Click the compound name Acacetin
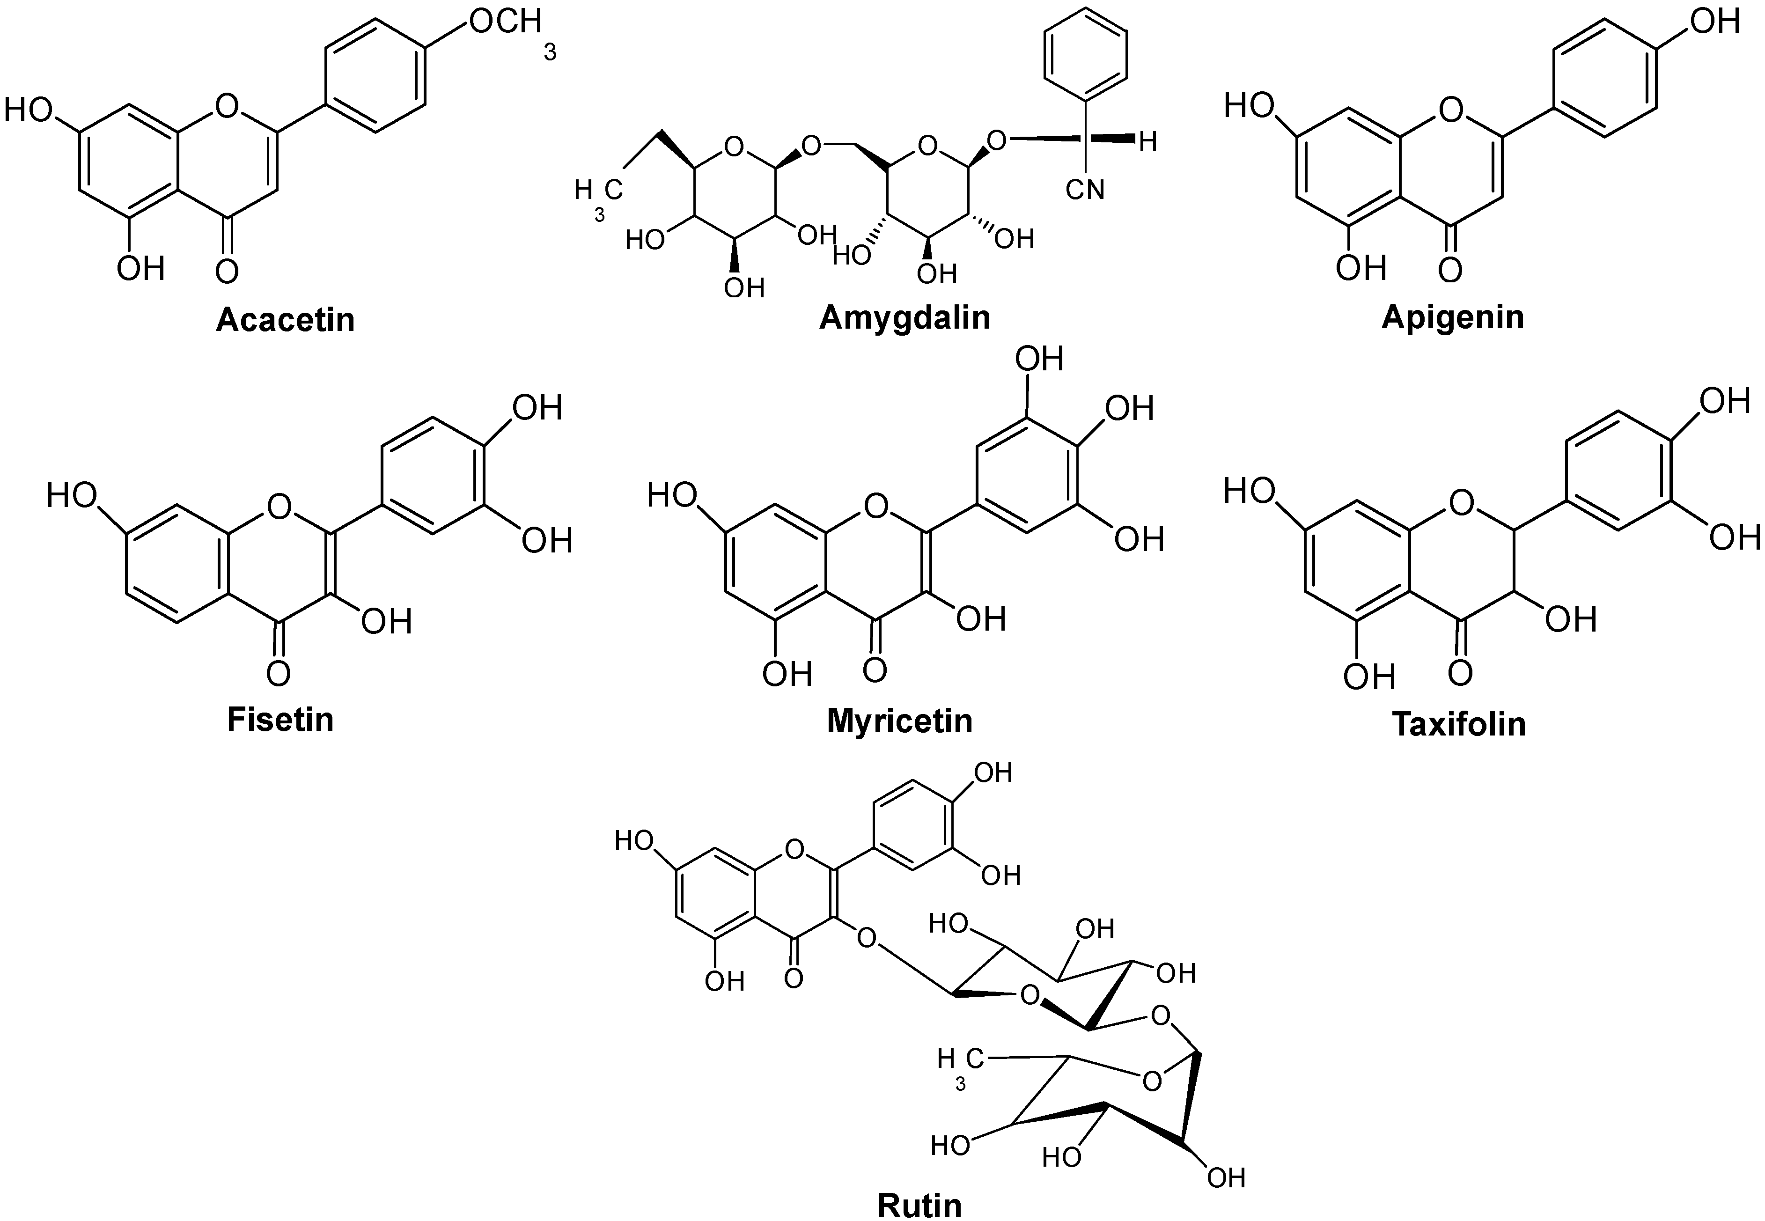tap(286, 320)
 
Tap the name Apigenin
tap(1453, 317)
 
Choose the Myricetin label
tap(900, 721)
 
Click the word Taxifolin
tap(1459, 724)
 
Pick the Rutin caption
tap(919, 1205)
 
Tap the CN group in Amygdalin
tap(1085, 188)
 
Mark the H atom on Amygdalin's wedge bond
tap(1147, 141)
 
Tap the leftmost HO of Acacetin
tap(28, 110)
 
